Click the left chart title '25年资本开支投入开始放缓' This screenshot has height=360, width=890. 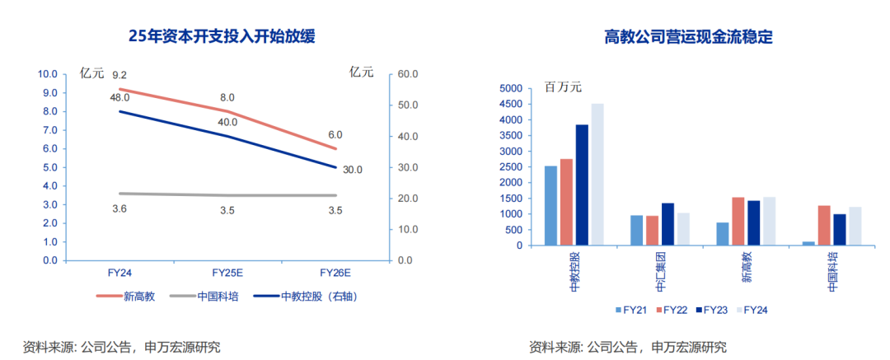pyautogui.click(x=222, y=36)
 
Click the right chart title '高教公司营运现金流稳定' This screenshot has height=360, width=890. pyautogui.click(x=688, y=36)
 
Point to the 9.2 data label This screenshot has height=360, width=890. pyautogui.click(x=119, y=76)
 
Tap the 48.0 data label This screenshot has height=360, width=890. pyautogui.click(x=119, y=98)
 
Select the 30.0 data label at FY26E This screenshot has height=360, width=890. pyautogui.click(x=353, y=170)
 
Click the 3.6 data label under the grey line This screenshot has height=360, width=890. pyautogui.click(x=119, y=210)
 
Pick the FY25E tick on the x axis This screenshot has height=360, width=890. pyautogui.click(x=227, y=273)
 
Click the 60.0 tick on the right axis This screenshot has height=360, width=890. pyautogui.click(x=408, y=74)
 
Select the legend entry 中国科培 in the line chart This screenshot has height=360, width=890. pyautogui.click(x=218, y=297)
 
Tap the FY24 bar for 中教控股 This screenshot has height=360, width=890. pyautogui.click(x=597, y=175)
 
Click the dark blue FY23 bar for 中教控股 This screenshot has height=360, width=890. pyautogui.click(x=582, y=185)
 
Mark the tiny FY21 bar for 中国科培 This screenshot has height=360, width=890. pyautogui.click(x=808, y=243)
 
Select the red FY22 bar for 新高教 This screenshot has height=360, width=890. pyautogui.click(x=738, y=221)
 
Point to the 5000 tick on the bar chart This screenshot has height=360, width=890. pyautogui.click(x=512, y=88)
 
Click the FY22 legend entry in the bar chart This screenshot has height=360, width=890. pyautogui.click(x=676, y=310)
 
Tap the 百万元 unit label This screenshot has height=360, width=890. pyautogui.click(x=563, y=87)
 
